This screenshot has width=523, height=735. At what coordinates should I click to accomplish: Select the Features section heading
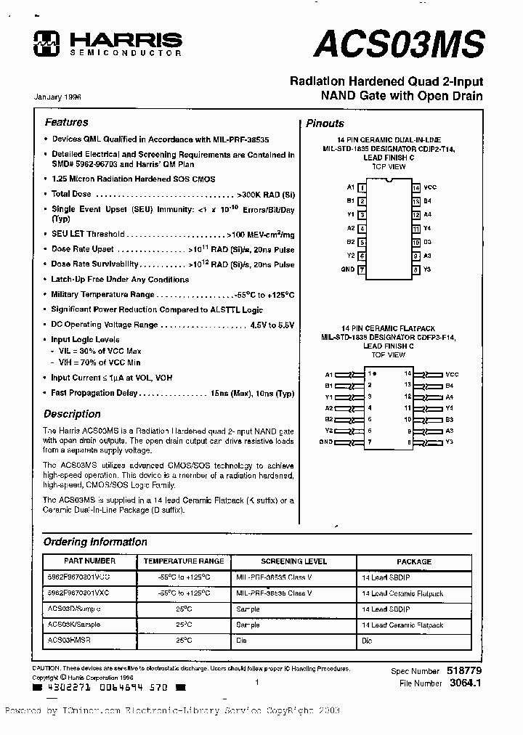pyautogui.click(x=66, y=123)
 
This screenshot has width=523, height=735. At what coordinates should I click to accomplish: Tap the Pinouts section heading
pyautogui.click(x=325, y=123)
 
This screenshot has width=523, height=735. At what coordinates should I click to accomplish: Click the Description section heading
pyautogui.click(x=72, y=414)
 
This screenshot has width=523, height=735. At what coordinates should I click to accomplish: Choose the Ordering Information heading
pyautogui.click(x=95, y=542)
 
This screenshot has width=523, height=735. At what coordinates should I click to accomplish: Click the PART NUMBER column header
pyautogui.click(x=90, y=561)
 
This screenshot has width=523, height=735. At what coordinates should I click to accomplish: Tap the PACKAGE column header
pyautogui.click(x=413, y=561)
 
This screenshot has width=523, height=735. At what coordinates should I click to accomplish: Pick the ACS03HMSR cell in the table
pyautogui.click(x=70, y=641)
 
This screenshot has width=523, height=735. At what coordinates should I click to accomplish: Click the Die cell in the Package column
pyautogui.click(x=367, y=641)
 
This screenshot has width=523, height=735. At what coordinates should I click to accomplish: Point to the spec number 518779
pyautogui.click(x=466, y=671)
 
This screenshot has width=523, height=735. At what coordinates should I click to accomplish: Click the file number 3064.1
pyautogui.click(x=466, y=683)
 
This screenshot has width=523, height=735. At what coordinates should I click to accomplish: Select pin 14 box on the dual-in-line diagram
pyautogui.click(x=415, y=187)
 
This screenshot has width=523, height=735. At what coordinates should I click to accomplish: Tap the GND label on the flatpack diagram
pyautogui.click(x=325, y=442)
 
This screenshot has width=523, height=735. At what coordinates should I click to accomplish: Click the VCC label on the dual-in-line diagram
pyautogui.click(x=430, y=187)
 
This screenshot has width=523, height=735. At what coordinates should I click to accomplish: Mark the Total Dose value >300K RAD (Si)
pyautogui.click(x=265, y=194)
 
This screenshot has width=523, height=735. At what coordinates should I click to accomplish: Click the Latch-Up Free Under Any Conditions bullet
pyautogui.click(x=120, y=279)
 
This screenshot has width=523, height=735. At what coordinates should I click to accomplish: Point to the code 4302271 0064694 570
pyautogui.click(x=109, y=686)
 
